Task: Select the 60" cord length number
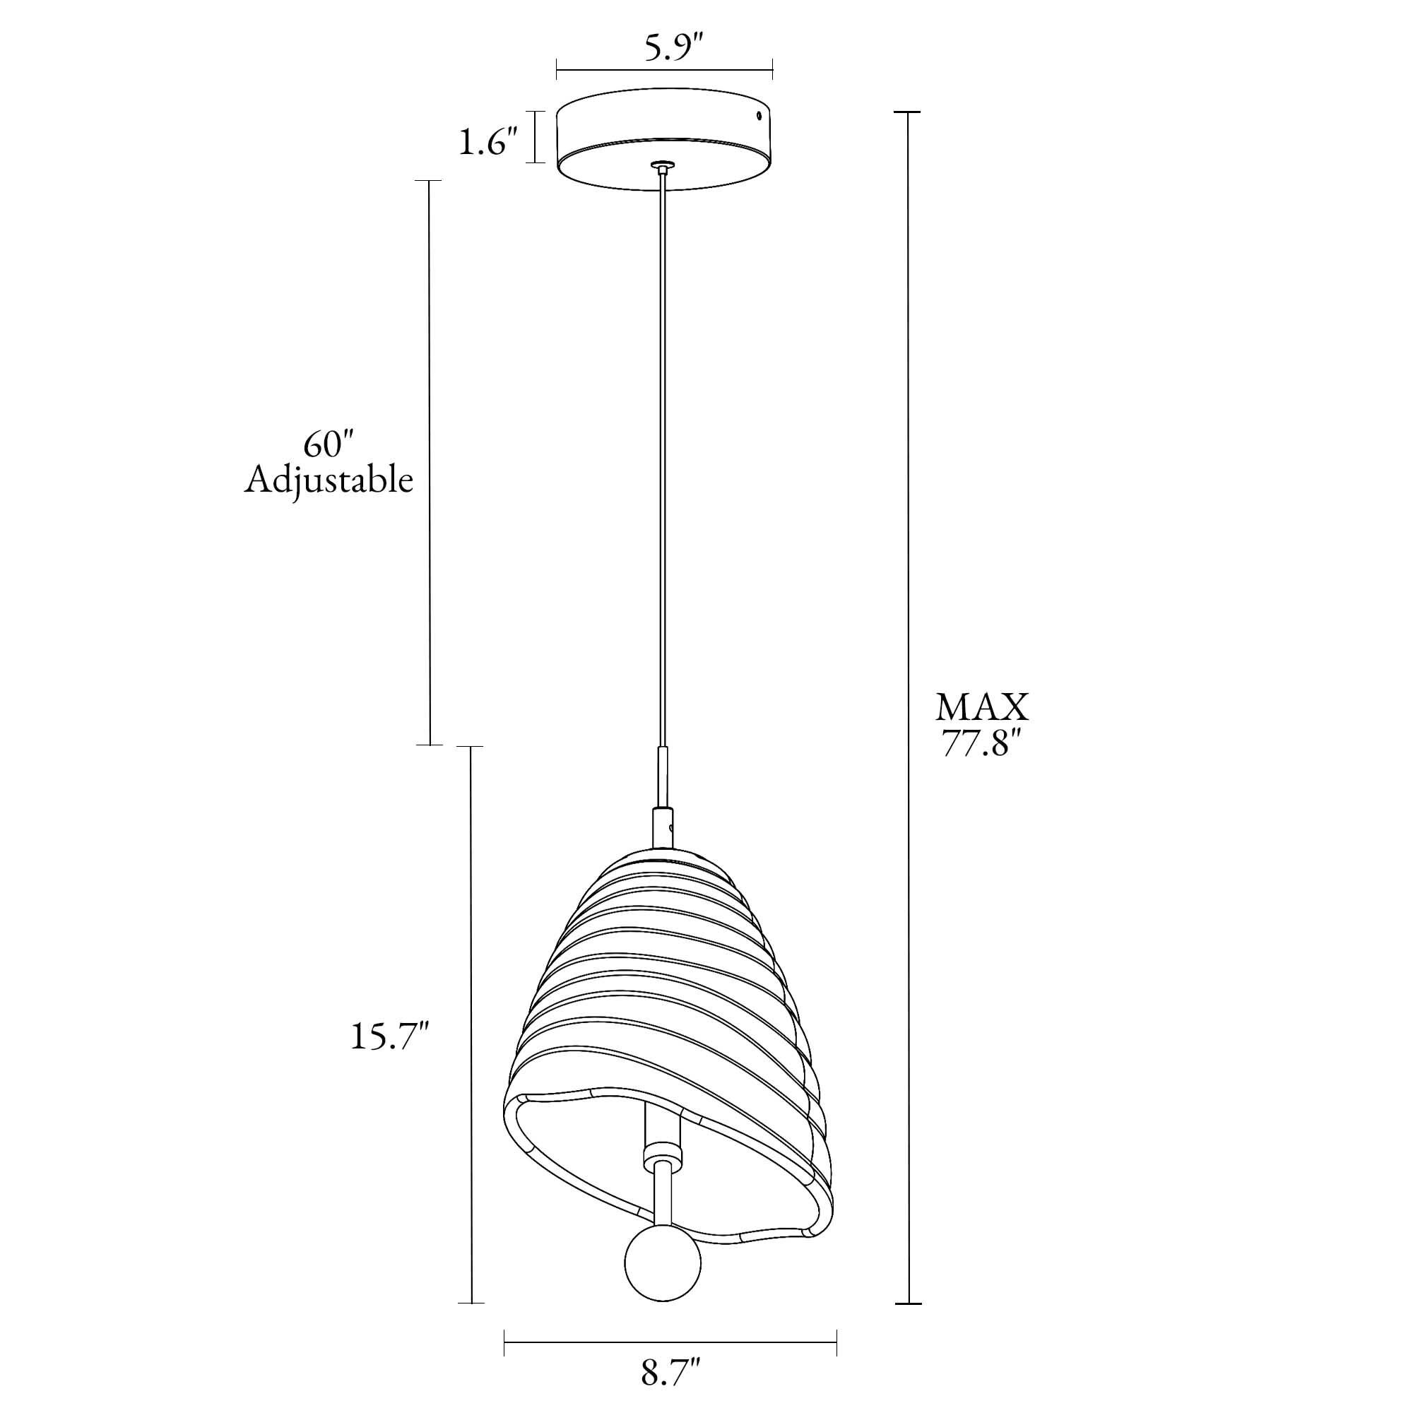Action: pyautogui.click(x=329, y=444)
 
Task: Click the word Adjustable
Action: pyautogui.click(x=329, y=480)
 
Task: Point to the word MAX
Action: pyautogui.click(x=982, y=708)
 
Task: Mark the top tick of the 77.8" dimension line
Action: pyautogui.click(x=909, y=112)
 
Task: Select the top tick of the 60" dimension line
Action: pyautogui.click(x=430, y=181)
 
